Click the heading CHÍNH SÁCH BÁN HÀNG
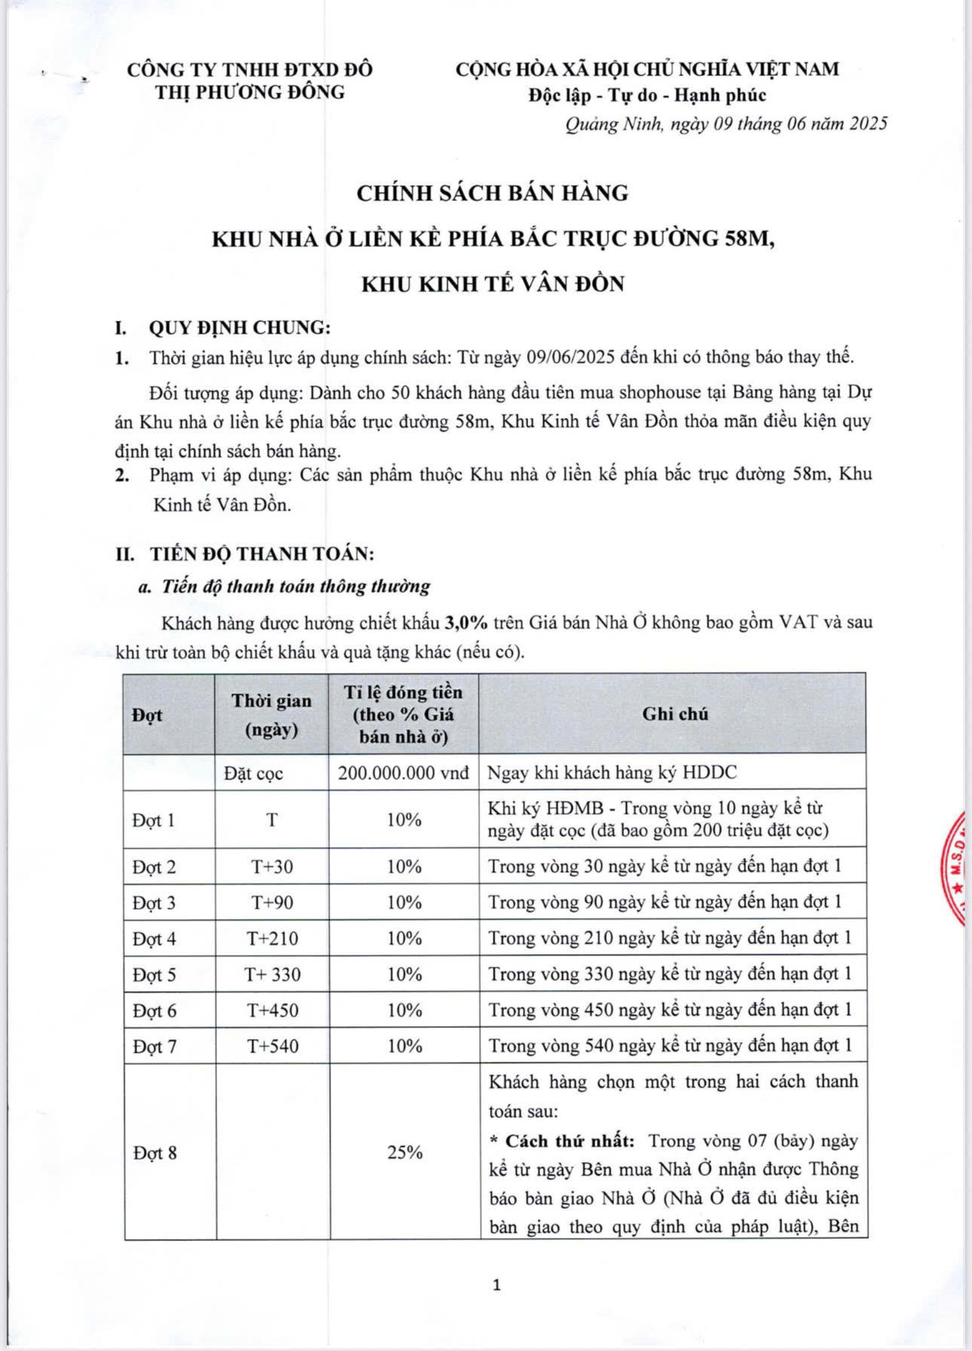pos(492,194)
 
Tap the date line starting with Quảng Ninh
pos(726,124)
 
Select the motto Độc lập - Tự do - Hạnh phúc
pos(646,96)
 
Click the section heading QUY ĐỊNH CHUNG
pos(240,328)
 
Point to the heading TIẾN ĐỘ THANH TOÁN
pos(261,554)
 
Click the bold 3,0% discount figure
pos(466,623)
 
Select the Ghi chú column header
pos(674,714)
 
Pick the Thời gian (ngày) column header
pos(271,714)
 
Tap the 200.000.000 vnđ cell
pos(404,773)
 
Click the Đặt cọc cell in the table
pos(254,773)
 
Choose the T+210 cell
pos(272,938)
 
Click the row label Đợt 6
pos(154,1011)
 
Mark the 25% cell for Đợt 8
pos(405,1152)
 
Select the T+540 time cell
pos(272,1046)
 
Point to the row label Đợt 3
pos(154,902)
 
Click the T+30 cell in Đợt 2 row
pos(272,867)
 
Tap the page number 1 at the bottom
pos(496,1285)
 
